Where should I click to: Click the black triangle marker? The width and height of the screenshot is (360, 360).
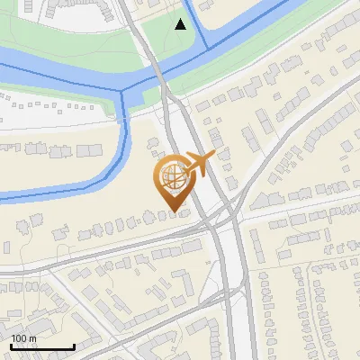click(x=181, y=24)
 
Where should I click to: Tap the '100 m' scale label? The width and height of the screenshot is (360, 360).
click(x=23, y=338)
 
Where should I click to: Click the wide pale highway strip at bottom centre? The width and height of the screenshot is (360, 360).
click(x=235, y=315)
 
